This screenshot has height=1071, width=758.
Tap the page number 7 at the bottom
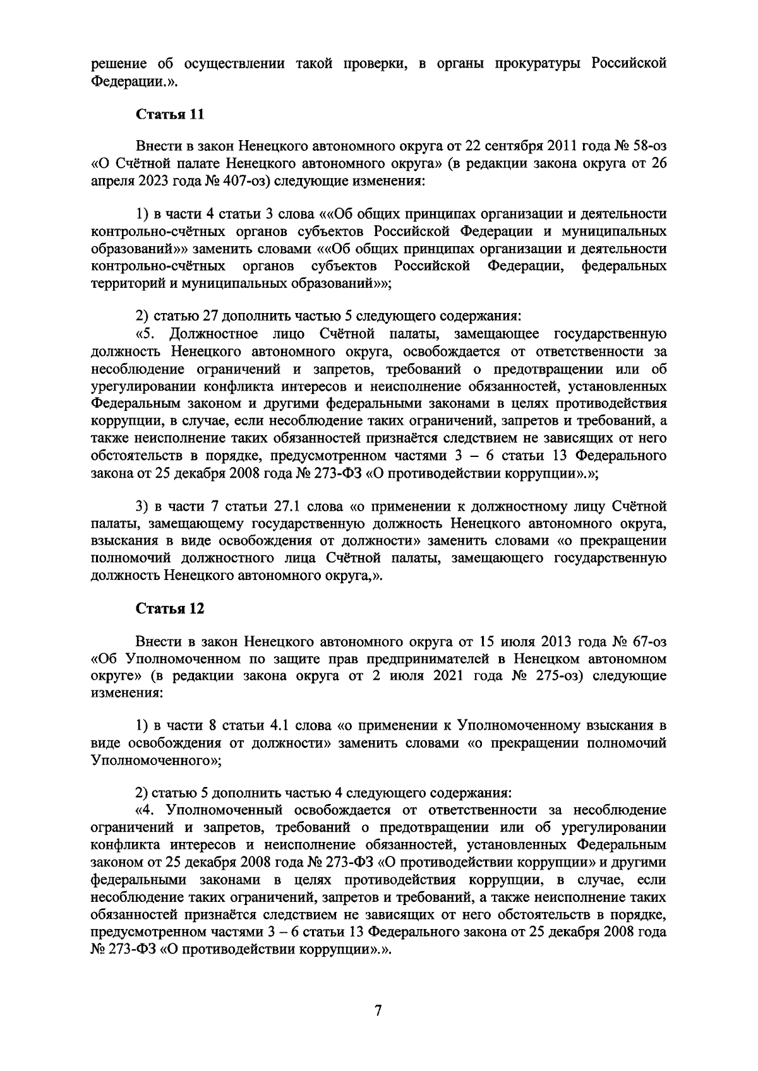coord(378,1011)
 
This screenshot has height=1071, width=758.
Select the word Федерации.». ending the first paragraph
coord(131,81)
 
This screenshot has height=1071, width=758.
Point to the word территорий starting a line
coord(124,283)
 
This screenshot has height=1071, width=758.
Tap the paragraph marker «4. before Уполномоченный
coord(146,810)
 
